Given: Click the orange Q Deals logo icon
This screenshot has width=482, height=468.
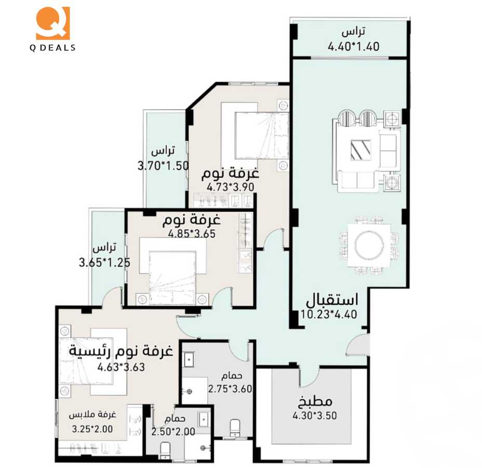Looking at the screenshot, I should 52,23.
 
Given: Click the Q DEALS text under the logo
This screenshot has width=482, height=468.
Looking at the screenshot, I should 52,48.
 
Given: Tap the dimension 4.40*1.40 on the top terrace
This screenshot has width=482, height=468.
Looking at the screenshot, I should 353,46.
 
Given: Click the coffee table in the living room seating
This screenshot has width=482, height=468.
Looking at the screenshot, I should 360,150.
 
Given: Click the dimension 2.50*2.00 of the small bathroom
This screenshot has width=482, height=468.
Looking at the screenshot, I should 173,432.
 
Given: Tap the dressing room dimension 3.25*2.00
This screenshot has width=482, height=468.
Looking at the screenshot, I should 92,429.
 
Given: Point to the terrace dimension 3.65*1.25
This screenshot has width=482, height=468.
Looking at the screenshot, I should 104,263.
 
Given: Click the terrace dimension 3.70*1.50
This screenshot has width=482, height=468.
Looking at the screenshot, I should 163,166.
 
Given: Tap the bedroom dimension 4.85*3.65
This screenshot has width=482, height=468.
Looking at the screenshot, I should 191,234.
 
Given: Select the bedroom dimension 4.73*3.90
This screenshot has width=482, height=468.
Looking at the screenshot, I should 230,187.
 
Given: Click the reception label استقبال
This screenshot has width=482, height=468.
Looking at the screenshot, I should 331,300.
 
